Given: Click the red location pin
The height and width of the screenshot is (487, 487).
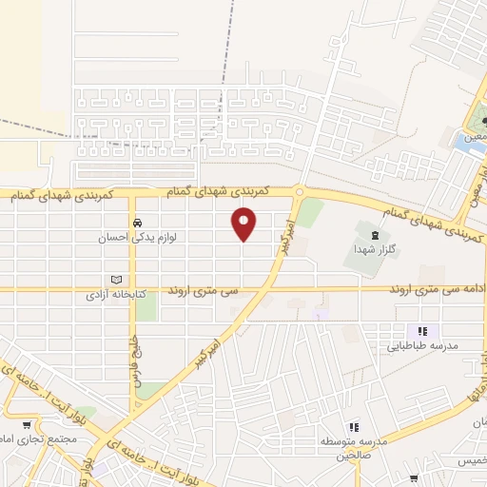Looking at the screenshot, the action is pyautogui.click(x=244, y=224).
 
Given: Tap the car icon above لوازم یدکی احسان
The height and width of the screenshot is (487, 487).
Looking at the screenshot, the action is pyautogui.click(x=138, y=224).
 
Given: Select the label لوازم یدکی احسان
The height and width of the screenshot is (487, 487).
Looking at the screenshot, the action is pyautogui.click(x=139, y=239).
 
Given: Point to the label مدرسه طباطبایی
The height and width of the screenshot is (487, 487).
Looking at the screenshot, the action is pyautogui.click(x=421, y=346).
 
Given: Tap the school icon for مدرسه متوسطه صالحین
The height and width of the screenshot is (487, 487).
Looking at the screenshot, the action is pyautogui.click(x=354, y=428).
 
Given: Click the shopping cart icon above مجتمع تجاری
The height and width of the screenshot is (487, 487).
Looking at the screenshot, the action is pyautogui.click(x=27, y=426).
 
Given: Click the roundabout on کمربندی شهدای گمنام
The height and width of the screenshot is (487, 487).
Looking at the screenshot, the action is pyautogui.click(x=299, y=191).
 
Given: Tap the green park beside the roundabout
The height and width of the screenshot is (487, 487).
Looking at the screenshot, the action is pyautogui.click(x=311, y=212).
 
